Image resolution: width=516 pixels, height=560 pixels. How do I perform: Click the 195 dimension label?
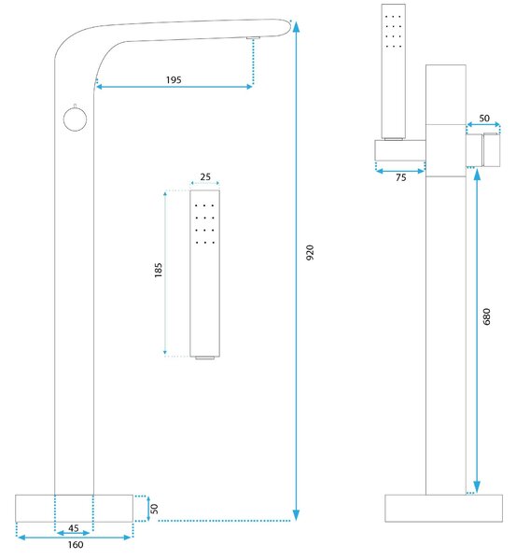pos(174,79)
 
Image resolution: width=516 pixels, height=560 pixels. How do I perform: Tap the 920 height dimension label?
pos(310,252)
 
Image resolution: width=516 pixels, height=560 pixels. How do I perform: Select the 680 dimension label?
pos(486,316)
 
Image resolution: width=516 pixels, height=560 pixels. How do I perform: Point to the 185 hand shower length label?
pos(159,271)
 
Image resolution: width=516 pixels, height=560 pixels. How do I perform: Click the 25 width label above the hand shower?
pos(205,176)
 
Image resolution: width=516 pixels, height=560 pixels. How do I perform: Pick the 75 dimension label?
pos(401,177)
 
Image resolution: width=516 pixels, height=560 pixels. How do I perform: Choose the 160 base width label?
pos(76,545)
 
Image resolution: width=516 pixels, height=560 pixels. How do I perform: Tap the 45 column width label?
pos(74,528)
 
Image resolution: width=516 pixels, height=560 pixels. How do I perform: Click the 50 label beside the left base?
pos(154,509)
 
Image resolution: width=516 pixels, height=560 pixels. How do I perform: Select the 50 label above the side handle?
pos(484,118)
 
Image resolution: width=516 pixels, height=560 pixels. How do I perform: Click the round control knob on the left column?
pos(75,119)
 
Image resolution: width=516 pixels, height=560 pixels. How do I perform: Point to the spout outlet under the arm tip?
pos(253,37)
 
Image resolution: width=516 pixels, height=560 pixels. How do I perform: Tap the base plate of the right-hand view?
pos(443,508)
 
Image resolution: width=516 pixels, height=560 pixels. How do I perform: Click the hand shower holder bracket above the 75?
pos(400,150)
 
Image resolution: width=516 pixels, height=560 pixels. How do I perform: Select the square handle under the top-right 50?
pos(492,149)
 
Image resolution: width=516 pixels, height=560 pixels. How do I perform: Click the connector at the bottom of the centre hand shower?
pos(205,357)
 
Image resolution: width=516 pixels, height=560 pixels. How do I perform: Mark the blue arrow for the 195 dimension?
pos(174,87)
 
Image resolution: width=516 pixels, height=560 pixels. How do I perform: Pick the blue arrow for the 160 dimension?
pos(75,538)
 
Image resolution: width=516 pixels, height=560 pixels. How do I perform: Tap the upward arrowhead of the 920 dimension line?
pos(296,27)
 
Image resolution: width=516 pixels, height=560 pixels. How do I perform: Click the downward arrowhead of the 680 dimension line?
pos(477,487)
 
